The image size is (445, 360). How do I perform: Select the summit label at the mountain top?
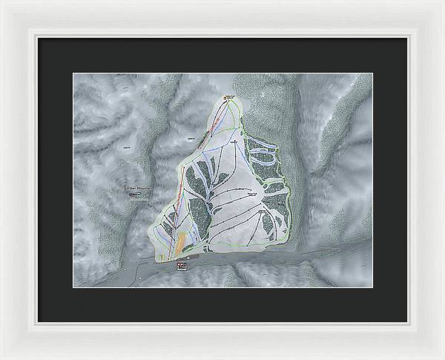(x=230, y=97)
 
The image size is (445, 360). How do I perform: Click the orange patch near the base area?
(x=180, y=242)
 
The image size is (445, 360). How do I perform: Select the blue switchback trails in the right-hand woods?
(x=264, y=153)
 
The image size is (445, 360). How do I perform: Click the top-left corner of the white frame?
(x=3, y=3)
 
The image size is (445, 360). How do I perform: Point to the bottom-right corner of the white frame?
(x=442, y=357)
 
